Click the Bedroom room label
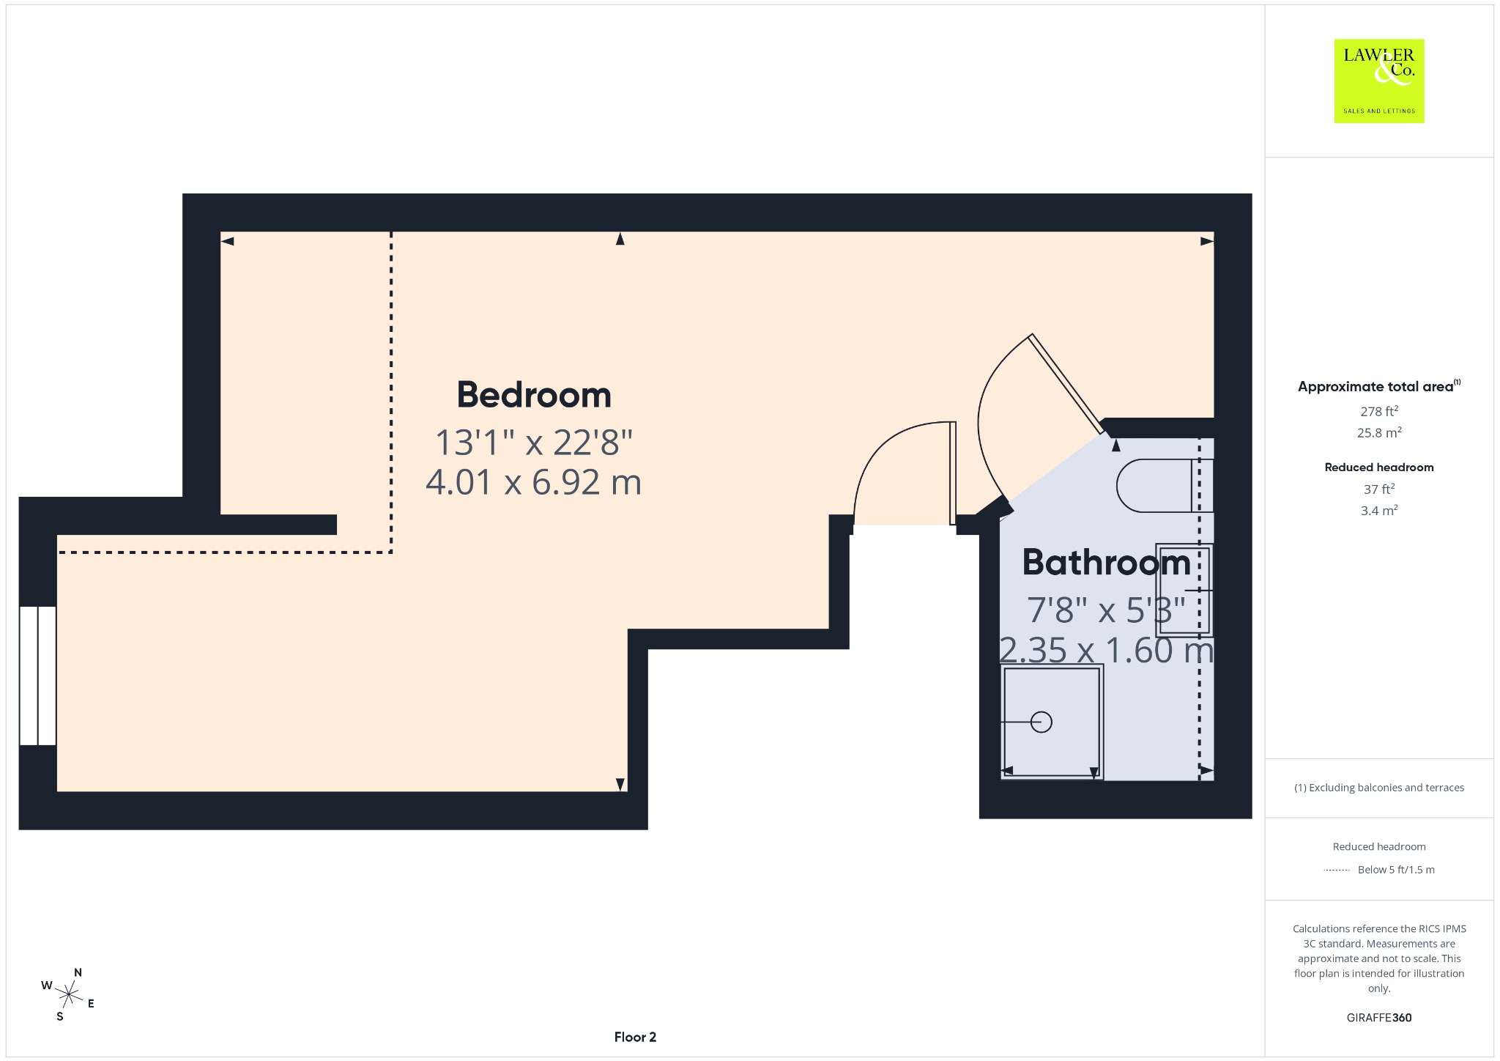(x=534, y=395)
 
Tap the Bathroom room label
(x=1106, y=562)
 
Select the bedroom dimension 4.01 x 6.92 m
(x=534, y=482)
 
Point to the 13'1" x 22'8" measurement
(x=534, y=443)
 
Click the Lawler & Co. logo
(x=1379, y=81)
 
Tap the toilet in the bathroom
(x=1163, y=485)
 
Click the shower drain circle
(x=1041, y=722)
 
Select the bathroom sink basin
(x=1184, y=590)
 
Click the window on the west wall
(x=37, y=676)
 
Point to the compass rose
(x=69, y=994)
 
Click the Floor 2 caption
(x=635, y=1037)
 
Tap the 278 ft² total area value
(x=1379, y=411)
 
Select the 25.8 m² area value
(x=1379, y=432)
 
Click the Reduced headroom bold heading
(x=1379, y=467)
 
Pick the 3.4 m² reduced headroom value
(x=1379, y=510)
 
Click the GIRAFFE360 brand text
(x=1379, y=1018)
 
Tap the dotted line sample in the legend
(x=1337, y=870)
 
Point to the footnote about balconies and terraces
(x=1379, y=788)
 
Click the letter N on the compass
(x=78, y=973)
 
